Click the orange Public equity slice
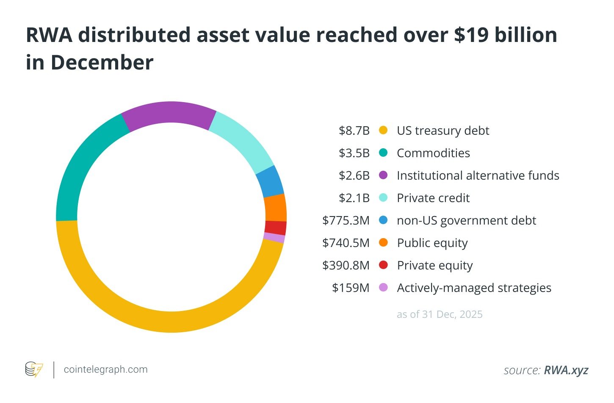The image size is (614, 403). click(x=275, y=208)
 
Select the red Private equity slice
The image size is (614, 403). click(x=275, y=228)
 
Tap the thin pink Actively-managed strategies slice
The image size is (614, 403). click(x=274, y=238)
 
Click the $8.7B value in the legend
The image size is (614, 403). click(x=354, y=131)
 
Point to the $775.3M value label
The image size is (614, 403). click(x=346, y=220)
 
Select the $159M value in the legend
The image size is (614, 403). click(x=351, y=288)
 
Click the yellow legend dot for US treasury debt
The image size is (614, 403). click(x=383, y=130)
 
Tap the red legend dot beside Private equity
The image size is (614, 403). click(x=383, y=265)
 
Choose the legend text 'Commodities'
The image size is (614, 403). click(x=433, y=153)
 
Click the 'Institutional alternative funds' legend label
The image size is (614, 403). click(x=478, y=175)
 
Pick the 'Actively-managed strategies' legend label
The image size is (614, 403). click(x=474, y=288)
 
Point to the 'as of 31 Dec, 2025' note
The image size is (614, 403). click(x=440, y=314)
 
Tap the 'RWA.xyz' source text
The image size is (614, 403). click(x=566, y=370)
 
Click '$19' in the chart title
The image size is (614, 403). click(x=470, y=35)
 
